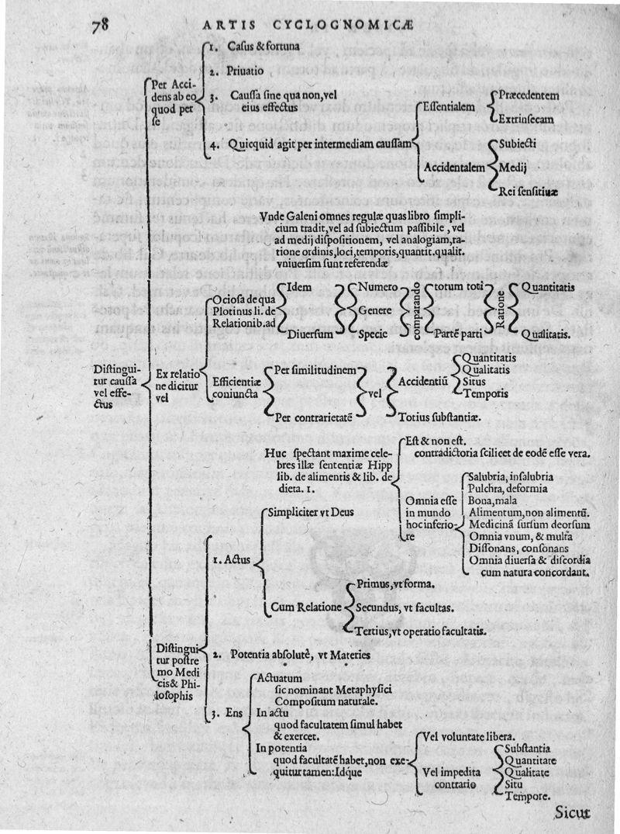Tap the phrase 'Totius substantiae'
point(440,417)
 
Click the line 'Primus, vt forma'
point(395,583)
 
